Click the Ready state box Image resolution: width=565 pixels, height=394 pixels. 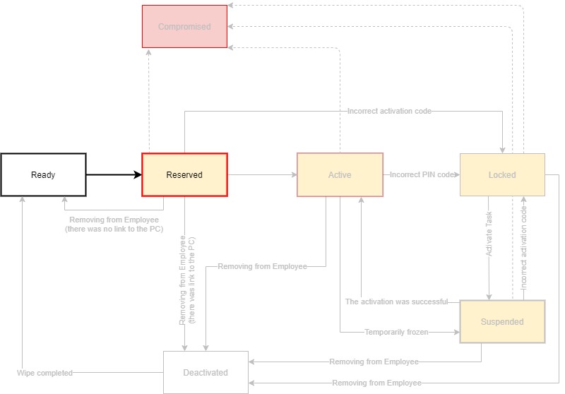[x=43, y=174]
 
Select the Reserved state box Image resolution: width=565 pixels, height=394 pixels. [x=184, y=174]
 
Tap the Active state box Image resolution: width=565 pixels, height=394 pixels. [x=340, y=174]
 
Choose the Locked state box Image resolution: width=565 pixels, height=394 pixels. [x=502, y=174]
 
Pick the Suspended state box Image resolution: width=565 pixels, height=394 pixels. [x=502, y=321]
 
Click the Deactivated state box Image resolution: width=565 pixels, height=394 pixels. [x=206, y=372]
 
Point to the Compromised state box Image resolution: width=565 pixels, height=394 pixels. [x=184, y=27]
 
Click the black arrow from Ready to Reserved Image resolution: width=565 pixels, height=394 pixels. [x=114, y=174]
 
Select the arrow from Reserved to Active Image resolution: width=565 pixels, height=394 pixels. [x=261, y=174]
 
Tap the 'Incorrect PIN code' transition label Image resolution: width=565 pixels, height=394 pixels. [x=422, y=174]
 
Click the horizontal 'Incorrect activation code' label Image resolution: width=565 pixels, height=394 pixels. [x=389, y=111]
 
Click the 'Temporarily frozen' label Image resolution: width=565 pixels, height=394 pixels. [x=396, y=331]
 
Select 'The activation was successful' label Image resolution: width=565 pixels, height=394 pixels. [x=396, y=302]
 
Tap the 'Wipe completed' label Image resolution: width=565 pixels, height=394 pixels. [x=45, y=372]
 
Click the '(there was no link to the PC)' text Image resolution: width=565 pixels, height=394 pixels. [x=114, y=229]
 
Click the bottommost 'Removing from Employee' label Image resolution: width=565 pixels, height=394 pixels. [x=376, y=383]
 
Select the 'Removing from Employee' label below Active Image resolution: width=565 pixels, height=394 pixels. [x=262, y=266]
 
